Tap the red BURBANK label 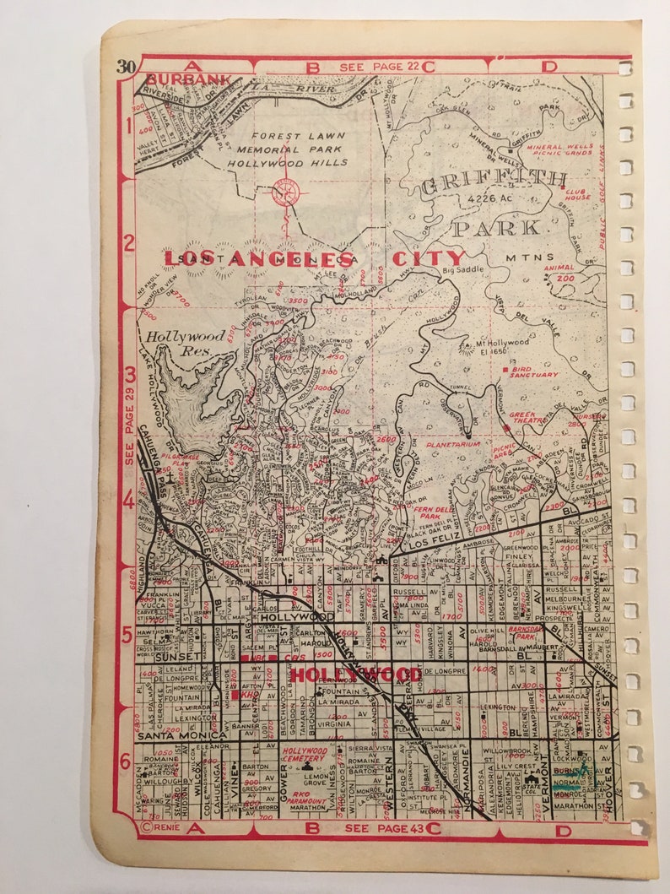[176, 79]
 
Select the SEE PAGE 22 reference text [380, 66]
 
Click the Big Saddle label [462, 272]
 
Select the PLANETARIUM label [452, 443]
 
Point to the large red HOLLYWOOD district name [355, 674]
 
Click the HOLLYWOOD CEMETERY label [304, 755]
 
